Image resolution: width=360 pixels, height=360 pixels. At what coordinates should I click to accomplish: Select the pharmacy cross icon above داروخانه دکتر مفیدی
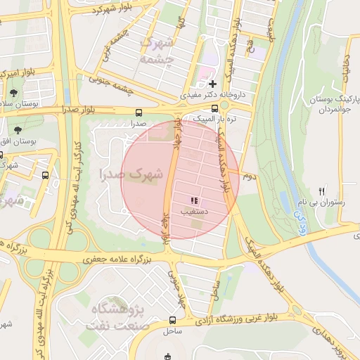tap(212, 83)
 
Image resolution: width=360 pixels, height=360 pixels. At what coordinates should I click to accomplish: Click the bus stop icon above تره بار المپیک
tap(224, 106)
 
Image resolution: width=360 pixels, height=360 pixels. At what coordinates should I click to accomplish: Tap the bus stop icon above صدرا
tap(137, 112)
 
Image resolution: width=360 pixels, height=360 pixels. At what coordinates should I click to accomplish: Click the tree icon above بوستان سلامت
tap(13, 92)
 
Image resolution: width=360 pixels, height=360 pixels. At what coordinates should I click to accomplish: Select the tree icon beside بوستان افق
tap(18, 129)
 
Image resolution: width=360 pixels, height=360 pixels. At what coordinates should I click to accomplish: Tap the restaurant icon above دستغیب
tap(194, 201)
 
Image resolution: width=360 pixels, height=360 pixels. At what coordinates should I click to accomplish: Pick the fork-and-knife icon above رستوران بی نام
tap(321, 191)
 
